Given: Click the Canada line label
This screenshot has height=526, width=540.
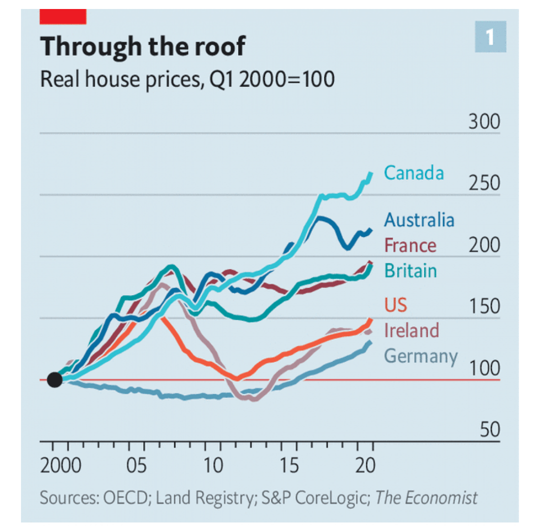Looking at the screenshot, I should pos(413,173).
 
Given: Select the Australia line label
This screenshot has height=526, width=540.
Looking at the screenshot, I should pos(419,220).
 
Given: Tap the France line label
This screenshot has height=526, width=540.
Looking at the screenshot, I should pos(410,245).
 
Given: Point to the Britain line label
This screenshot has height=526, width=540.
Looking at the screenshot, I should pos(410,271).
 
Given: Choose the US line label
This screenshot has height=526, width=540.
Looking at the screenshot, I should pos(395,304).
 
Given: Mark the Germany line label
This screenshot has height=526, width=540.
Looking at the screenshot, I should pos(420,356).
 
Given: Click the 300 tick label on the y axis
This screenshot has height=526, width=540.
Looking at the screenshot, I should pos(483,123).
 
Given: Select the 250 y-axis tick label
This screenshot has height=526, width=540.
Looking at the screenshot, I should pos(483,184).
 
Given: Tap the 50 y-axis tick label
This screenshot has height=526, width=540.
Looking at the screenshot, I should pos(490,430).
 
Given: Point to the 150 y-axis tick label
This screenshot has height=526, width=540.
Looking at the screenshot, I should pos(483,307).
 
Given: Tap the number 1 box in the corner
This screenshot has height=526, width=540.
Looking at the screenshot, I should pos(490,37).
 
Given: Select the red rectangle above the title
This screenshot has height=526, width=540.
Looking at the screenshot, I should pos(63,16).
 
